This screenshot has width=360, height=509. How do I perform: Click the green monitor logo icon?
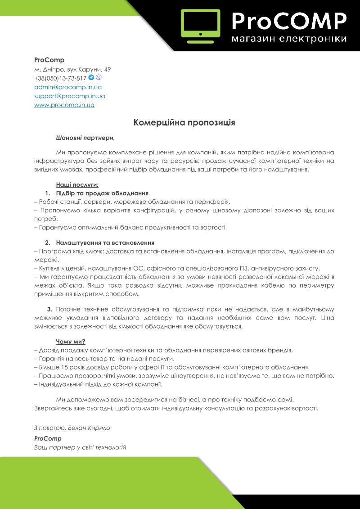click(200, 23)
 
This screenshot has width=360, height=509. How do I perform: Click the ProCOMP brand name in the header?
click(289, 20)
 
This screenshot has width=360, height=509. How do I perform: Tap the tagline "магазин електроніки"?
click(289, 39)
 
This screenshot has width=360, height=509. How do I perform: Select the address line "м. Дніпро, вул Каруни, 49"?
click(72, 69)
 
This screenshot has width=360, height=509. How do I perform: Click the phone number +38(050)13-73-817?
click(60, 78)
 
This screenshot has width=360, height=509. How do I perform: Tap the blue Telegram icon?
click(91, 77)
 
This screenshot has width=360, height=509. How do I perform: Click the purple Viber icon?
click(99, 77)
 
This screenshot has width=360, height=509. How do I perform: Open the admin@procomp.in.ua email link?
click(68, 87)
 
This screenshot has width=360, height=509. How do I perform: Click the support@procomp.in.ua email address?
click(70, 96)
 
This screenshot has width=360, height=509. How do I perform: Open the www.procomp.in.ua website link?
click(64, 105)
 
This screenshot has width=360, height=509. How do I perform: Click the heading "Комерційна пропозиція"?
click(184, 122)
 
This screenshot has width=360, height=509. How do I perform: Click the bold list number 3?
click(49, 309)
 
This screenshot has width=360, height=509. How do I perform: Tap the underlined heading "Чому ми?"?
click(71, 341)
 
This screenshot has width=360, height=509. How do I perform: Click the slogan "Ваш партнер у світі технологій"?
click(80, 447)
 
